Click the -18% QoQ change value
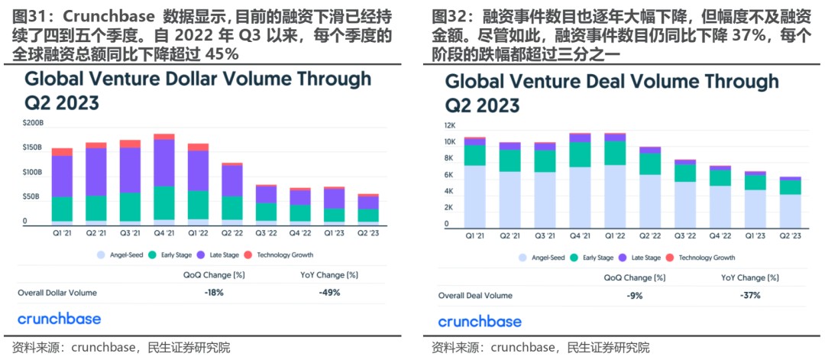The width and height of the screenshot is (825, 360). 214,293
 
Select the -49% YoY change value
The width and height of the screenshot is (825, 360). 330,293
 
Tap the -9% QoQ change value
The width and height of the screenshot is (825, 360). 635,295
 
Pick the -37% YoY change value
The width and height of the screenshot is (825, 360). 750,295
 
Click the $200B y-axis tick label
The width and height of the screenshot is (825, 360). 32,122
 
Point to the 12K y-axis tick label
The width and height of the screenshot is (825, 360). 450,125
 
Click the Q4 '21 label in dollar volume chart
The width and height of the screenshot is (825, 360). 163,232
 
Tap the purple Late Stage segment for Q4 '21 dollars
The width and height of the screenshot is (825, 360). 163,163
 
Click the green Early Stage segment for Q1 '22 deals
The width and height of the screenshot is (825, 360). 615,153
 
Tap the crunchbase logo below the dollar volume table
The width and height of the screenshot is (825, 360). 59,319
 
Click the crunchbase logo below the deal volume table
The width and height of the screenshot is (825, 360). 480,321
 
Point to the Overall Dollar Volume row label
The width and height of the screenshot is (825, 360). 57,293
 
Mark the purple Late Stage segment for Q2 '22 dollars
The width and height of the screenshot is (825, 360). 231,180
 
